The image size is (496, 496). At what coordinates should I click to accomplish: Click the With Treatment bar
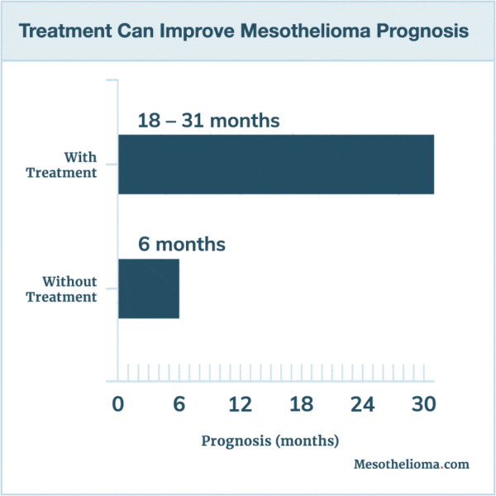tap(275, 164)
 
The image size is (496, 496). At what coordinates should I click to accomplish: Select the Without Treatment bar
tap(149, 288)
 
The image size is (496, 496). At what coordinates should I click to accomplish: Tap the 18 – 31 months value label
tap(208, 121)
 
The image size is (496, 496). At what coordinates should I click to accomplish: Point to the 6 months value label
tap(181, 245)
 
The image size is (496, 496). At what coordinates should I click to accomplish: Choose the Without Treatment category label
tap(62, 289)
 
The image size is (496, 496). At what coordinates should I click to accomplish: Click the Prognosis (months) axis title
tap(269, 441)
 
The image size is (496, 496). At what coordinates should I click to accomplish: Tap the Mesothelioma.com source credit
tap(411, 464)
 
